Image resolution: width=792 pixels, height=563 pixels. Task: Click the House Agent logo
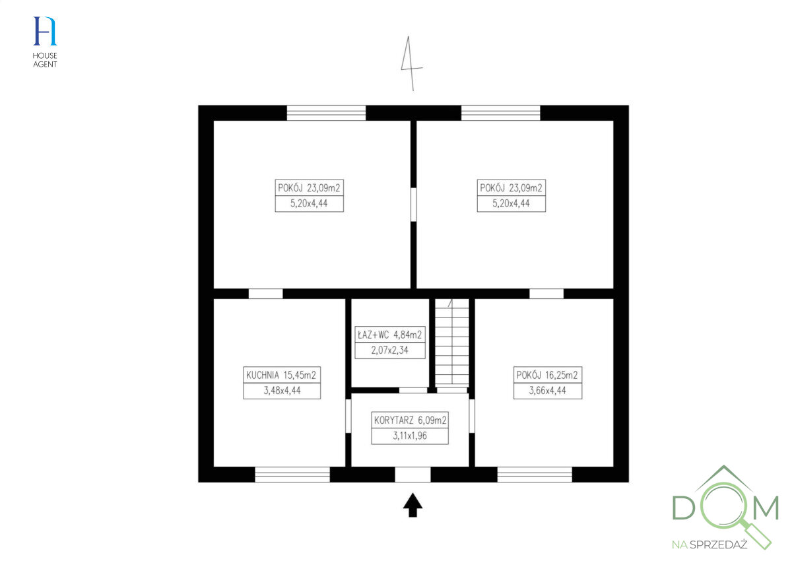click(x=45, y=42)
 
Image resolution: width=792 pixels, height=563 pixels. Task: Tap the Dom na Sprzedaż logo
click(x=725, y=508)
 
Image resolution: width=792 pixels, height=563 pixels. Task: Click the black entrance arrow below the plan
click(x=412, y=505)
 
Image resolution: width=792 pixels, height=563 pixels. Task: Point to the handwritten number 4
click(x=411, y=63)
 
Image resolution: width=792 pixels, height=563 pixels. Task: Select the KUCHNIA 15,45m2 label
click(x=281, y=375)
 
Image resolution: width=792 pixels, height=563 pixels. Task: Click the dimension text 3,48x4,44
click(x=282, y=391)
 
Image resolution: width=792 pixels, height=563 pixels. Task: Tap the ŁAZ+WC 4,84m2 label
click(x=389, y=335)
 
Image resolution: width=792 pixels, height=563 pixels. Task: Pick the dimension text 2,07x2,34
click(x=389, y=350)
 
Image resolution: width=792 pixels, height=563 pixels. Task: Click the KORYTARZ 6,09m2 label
click(x=410, y=420)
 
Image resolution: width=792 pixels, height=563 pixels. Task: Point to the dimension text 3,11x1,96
click(x=410, y=436)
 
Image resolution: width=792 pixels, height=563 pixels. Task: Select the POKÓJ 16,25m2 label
click(x=547, y=375)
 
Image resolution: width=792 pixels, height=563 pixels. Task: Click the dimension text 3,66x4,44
click(x=548, y=391)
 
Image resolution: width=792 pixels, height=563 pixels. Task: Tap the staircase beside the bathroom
click(x=452, y=343)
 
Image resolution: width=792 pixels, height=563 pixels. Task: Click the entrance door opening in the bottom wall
click(x=412, y=475)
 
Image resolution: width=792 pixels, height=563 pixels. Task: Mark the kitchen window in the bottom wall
click(x=292, y=475)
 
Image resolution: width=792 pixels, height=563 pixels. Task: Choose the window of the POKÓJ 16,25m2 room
click(x=535, y=475)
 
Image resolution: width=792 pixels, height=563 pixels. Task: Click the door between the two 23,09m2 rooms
click(x=413, y=205)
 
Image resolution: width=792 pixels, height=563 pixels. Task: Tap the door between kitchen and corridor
click(x=348, y=416)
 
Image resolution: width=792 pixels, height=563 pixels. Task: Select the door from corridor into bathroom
click(x=413, y=391)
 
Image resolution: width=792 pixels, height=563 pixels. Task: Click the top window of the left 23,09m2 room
click(x=326, y=113)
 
